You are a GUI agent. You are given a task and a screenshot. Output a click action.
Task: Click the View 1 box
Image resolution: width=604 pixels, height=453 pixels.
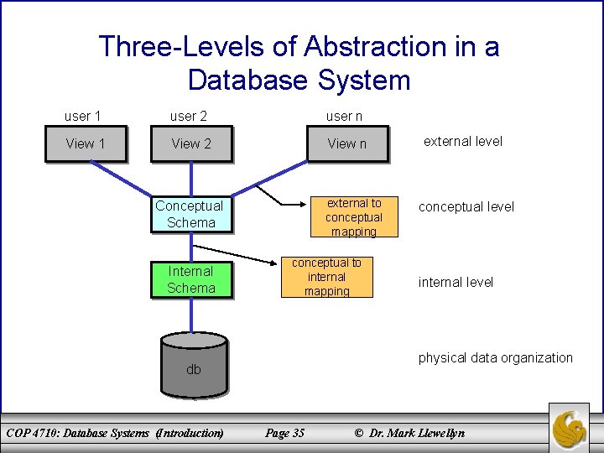[x=86, y=143]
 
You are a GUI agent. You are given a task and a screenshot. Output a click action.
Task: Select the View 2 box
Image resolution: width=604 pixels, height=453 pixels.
[x=191, y=143]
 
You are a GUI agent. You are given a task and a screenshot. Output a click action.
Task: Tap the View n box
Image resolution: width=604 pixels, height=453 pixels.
[x=346, y=143]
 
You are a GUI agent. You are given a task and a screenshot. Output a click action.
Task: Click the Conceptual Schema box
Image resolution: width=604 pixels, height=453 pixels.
[x=190, y=214]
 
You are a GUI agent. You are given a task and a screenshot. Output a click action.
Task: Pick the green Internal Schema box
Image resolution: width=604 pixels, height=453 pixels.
[x=190, y=279]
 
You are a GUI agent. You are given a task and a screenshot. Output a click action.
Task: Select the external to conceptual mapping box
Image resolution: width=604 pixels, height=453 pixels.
[x=353, y=217]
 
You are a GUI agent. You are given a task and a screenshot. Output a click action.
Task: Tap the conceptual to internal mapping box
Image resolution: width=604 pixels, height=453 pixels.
[x=326, y=277]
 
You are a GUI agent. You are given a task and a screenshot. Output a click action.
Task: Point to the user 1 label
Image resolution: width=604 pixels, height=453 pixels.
[x=83, y=115]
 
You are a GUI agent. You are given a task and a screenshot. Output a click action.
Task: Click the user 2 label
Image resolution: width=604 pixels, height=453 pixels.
[x=188, y=116]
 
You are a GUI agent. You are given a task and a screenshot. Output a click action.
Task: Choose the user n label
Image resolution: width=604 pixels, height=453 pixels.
[x=344, y=116]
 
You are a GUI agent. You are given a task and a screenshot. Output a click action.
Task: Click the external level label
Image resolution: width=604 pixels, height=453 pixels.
[x=462, y=141]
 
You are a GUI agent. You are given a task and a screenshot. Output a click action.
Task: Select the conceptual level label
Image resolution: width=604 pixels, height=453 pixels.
[x=466, y=206]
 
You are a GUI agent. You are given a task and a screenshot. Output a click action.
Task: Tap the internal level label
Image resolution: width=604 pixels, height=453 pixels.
[x=456, y=282]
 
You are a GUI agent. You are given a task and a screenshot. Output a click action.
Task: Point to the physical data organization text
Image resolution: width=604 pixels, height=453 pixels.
[x=495, y=357]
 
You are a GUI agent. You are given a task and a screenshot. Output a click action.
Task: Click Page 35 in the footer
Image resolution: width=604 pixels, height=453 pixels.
[x=284, y=433]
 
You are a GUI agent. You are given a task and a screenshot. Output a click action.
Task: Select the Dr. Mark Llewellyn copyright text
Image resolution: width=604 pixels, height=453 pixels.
[x=409, y=433]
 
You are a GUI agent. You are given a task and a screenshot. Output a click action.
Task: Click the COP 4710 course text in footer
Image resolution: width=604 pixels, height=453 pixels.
[x=115, y=433]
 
